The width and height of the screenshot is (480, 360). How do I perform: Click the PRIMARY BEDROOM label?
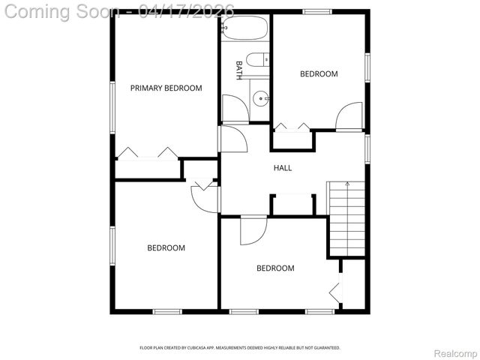(166, 88)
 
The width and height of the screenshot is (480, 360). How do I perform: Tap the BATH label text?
(239, 70)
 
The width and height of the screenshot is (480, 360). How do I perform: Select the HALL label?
(282, 167)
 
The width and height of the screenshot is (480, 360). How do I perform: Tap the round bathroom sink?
(259, 97)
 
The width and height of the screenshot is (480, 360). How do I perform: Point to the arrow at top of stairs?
(346, 184)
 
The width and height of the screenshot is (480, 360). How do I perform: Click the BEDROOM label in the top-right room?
(319, 73)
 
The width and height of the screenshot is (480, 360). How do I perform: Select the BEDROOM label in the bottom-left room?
(166, 247)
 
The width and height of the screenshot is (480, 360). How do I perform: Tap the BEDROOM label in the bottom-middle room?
(275, 268)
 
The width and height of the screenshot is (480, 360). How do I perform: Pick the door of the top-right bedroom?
(349, 116)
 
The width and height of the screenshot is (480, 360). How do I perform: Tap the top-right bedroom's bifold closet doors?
(292, 127)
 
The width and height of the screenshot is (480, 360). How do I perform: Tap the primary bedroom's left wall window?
(112, 107)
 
